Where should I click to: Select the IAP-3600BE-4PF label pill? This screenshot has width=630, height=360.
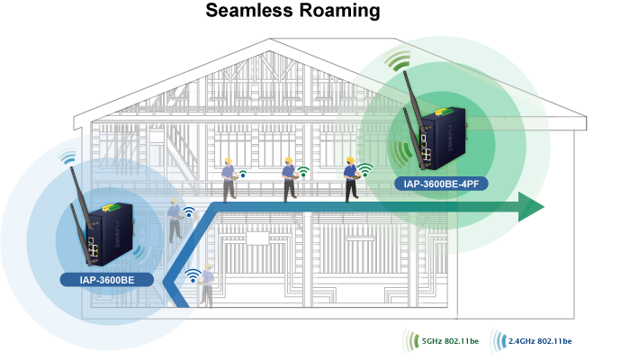(445, 185)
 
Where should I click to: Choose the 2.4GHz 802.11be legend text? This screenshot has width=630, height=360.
(540, 340)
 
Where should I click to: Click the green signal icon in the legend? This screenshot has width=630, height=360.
(410, 340)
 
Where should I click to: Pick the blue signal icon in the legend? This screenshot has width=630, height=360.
(497, 340)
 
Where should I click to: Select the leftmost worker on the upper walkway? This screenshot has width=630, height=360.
(229, 178)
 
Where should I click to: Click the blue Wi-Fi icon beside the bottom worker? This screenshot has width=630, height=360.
(192, 275)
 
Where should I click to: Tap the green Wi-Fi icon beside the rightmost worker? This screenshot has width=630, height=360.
(365, 168)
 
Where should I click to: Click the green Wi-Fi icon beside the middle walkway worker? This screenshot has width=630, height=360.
(304, 170)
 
